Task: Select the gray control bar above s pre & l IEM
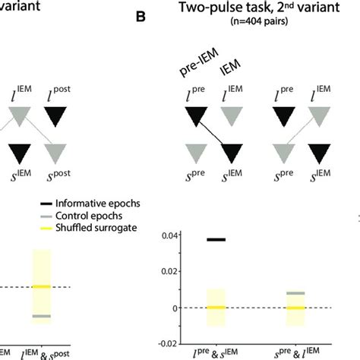coord(295,293)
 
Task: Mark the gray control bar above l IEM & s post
coord(42,316)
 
